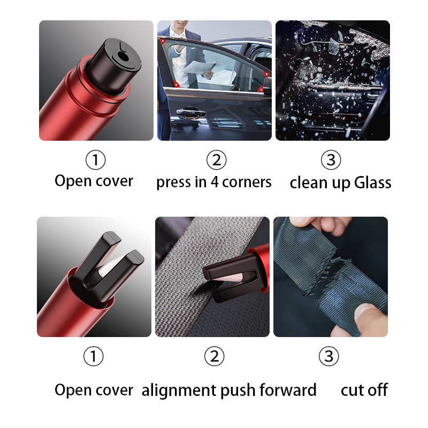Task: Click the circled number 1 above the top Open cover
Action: [x=96, y=160]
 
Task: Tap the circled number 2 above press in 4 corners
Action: [x=216, y=160]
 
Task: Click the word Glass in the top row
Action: [x=372, y=182]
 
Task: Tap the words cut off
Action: [x=364, y=390]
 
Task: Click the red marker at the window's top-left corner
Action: [x=162, y=41]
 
